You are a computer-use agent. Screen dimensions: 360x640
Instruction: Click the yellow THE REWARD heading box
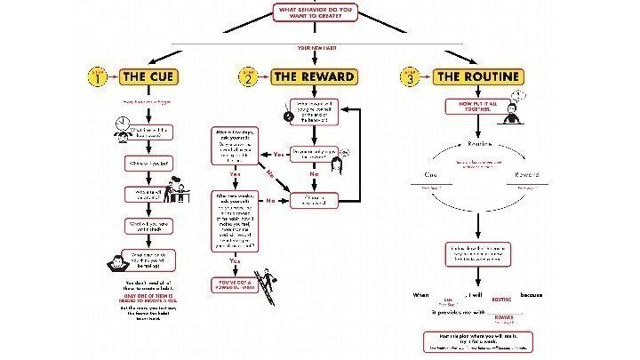point(314,76)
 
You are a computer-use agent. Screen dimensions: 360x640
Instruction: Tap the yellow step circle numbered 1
point(99,77)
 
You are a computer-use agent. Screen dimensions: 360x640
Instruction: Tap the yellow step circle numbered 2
point(250,77)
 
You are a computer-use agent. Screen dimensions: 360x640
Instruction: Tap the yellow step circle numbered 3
point(412,77)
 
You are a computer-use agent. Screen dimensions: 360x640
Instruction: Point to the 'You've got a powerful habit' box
point(234,284)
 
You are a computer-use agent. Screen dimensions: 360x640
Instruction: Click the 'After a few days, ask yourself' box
point(236,145)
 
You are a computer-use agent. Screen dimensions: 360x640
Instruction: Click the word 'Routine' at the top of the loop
point(479,143)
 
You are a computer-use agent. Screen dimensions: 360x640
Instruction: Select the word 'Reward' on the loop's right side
point(527,174)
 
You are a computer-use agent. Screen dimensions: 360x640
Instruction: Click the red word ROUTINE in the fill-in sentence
point(501,300)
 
